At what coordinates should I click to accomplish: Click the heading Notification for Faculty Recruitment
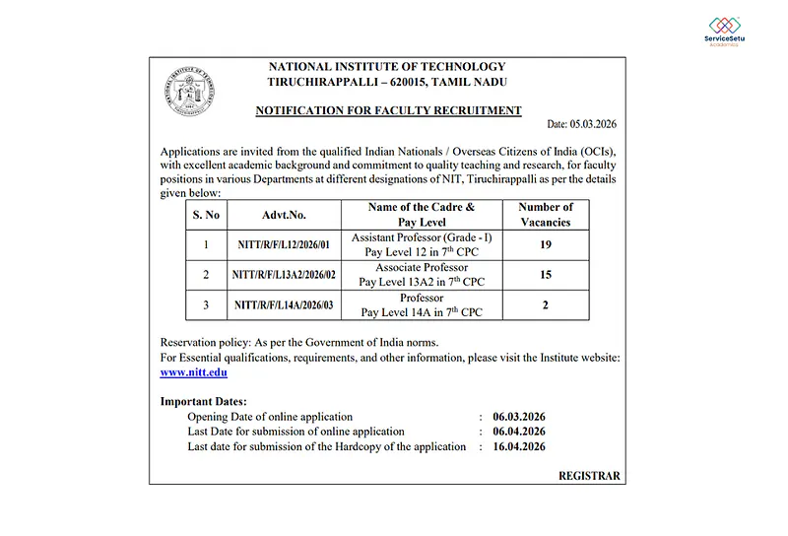[x=388, y=110]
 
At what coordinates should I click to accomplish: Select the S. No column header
[x=206, y=215]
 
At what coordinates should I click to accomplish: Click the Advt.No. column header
[x=284, y=215]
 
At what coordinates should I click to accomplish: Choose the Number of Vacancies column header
[x=545, y=215]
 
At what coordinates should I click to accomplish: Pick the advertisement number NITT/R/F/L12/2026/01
[x=285, y=245]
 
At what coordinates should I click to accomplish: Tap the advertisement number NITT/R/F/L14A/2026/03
[x=285, y=305]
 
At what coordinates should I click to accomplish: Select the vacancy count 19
[x=545, y=245]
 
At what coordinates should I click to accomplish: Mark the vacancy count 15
[x=545, y=275]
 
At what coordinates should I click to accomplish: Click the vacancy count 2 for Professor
[x=545, y=305]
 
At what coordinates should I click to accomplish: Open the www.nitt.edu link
[x=193, y=373]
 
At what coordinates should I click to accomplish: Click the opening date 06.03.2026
[x=519, y=417]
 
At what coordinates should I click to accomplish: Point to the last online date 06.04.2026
[x=519, y=432]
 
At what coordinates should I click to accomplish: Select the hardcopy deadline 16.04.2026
[x=519, y=446]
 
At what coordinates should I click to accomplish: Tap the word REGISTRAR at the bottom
[x=589, y=476]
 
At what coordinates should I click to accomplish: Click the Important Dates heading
[x=204, y=402]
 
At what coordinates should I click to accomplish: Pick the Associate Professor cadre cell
[x=422, y=275]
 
